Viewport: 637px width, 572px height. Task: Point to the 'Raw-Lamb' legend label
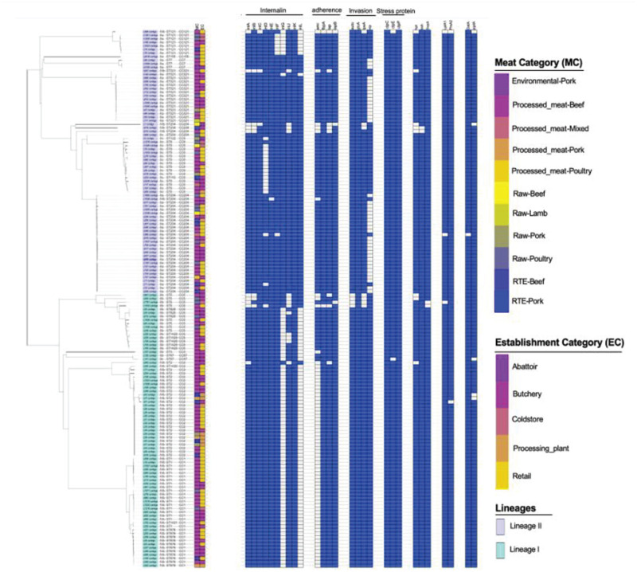tap(532, 214)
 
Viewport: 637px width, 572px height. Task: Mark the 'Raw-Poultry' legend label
tap(535, 257)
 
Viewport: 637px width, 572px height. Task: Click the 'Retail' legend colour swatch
tap(502, 476)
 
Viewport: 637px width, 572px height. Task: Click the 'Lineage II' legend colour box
tap(501, 527)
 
